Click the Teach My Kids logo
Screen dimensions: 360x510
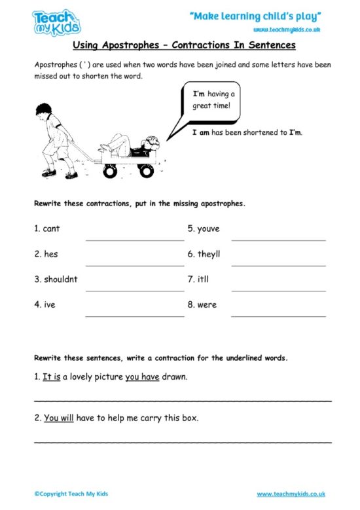tap(57, 23)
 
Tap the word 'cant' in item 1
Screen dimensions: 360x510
tap(51, 228)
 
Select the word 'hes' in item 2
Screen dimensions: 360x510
tap(50, 254)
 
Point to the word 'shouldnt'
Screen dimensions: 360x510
tap(60, 280)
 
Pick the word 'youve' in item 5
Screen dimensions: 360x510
tap(209, 228)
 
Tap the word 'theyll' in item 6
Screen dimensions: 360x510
tap(211, 254)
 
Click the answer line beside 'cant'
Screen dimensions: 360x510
tap(134, 240)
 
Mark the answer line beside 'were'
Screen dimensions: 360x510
tap(278, 316)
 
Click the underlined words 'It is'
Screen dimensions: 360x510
tap(51, 377)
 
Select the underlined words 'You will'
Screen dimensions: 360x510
tap(58, 418)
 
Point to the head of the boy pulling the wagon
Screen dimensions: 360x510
tap(45, 109)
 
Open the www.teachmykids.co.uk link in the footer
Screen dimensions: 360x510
tap(291, 494)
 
